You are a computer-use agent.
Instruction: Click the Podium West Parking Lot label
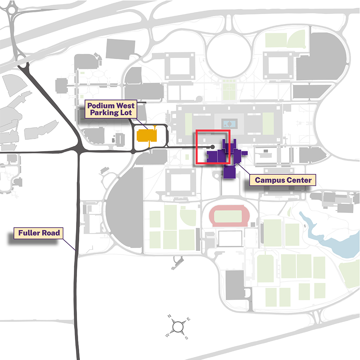[111, 109]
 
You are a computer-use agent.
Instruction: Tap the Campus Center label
[283, 180]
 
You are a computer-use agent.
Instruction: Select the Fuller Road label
[38, 233]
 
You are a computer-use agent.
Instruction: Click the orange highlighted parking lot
[147, 136]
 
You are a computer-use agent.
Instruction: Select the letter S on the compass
[186, 338]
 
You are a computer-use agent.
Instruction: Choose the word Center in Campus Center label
[298, 180]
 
